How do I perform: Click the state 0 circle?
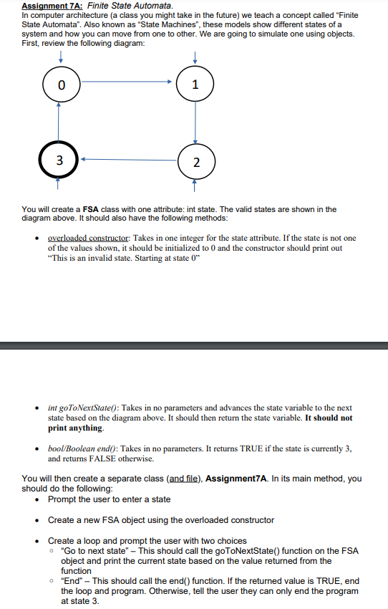(x=61, y=85)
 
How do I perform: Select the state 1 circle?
(x=195, y=85)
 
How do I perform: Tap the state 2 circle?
(x=195, y=160)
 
